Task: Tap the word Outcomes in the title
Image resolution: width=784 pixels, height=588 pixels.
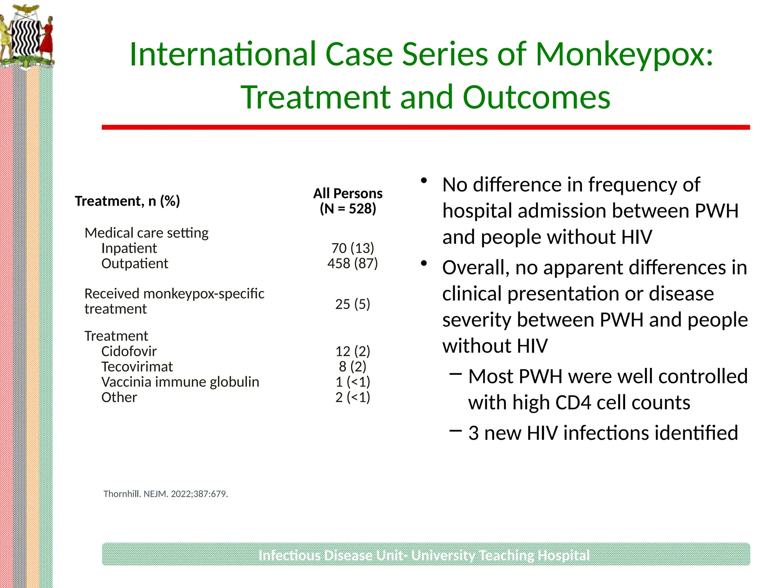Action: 536,97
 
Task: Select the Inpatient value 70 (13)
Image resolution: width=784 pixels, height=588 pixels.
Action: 353,248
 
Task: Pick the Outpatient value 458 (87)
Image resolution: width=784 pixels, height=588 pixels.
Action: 353,263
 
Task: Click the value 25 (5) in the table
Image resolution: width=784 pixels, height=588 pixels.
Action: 353,304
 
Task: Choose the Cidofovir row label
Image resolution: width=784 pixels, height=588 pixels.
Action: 129,351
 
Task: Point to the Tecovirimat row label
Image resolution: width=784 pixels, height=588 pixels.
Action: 137,366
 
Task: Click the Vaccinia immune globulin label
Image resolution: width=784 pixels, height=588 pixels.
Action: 180,382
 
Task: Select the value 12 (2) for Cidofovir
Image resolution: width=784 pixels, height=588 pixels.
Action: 353,351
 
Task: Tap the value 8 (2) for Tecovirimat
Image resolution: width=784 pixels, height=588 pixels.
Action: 353,366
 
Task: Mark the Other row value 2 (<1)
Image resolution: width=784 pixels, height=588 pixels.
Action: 353,397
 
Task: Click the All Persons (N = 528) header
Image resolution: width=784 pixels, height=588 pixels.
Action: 348,201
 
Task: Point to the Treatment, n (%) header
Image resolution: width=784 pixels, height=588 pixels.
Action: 127,201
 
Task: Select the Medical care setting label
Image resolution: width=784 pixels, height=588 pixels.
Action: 146,233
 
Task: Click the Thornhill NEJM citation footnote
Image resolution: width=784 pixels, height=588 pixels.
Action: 166,494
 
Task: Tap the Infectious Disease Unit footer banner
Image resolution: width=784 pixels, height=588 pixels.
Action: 426,554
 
